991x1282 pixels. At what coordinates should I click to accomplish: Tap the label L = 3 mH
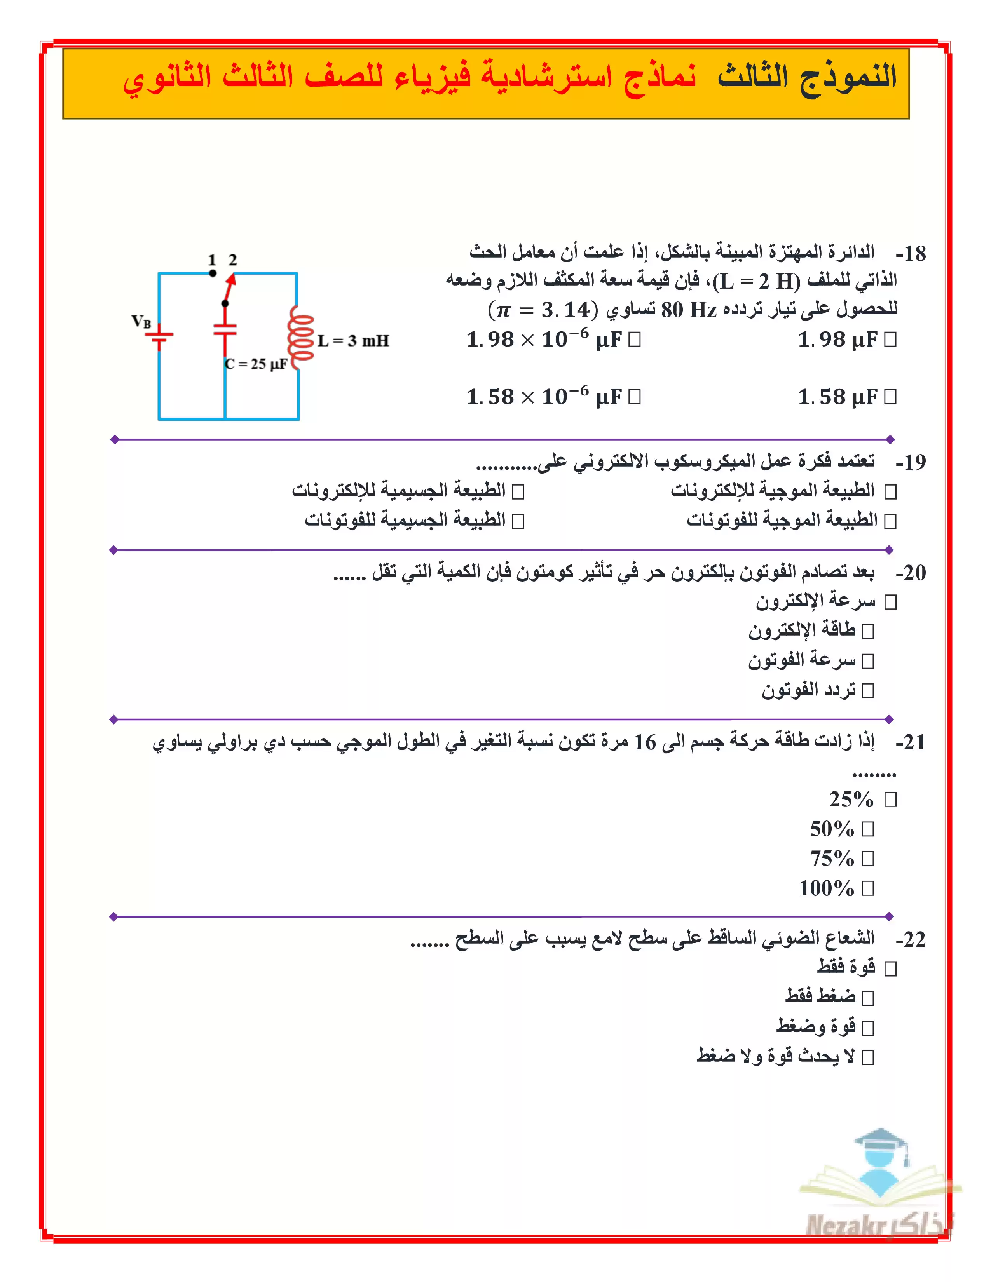tap(353, 340)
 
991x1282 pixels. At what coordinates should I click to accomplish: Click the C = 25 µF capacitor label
tap(256, 364)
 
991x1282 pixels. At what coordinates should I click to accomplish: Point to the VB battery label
tap(141, 321)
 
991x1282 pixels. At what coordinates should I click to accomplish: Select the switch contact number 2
tap(232, 260)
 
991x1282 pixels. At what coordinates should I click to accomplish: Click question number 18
tap(911, 254)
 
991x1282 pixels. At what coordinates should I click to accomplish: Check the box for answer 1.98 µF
tap(890, 339)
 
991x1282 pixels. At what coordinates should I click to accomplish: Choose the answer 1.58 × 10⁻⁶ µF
tap(634, 397)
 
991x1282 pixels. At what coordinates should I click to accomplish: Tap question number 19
tap(911, 462)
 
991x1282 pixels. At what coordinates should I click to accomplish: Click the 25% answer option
tap(890, 800)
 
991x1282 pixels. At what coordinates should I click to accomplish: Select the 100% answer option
tap(868, 888)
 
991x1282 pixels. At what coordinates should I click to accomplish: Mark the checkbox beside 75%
tap(868, 859)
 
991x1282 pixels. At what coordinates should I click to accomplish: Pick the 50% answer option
tap(868, 829)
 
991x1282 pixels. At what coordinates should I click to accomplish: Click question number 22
tap(911, 939)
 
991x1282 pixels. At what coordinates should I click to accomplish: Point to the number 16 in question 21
tap(645, 742)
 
